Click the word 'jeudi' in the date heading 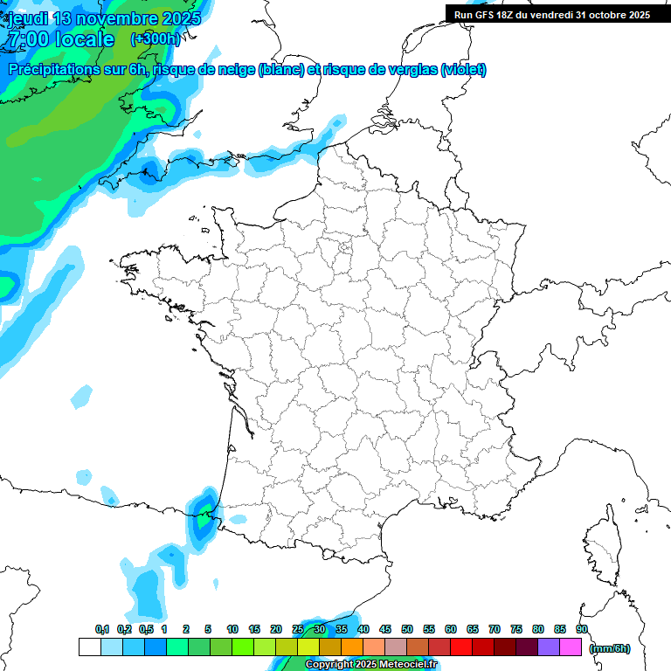(28, 18)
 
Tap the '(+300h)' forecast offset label (155, 38)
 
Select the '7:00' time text (30, 39)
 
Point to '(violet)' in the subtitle (464, 70)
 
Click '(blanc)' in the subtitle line (280, 70)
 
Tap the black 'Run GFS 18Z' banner (551, 15)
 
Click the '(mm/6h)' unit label (610, 648)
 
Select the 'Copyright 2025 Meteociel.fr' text (370, 665)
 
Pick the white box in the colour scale (89, 647)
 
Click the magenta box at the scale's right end (571, 647)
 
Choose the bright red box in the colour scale (461, 647)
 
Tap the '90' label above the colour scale (582, 629)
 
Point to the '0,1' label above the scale (102, 629)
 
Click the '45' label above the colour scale (385, 629)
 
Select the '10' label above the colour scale (232, 629)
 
